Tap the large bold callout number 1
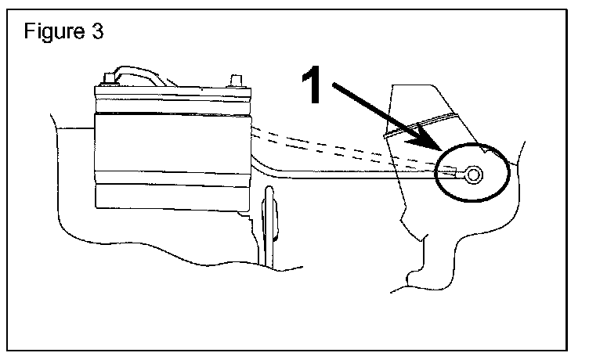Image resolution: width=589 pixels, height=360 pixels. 314,85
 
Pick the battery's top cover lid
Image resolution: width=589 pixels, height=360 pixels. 172,98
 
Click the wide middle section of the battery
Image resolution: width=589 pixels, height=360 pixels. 172,149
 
